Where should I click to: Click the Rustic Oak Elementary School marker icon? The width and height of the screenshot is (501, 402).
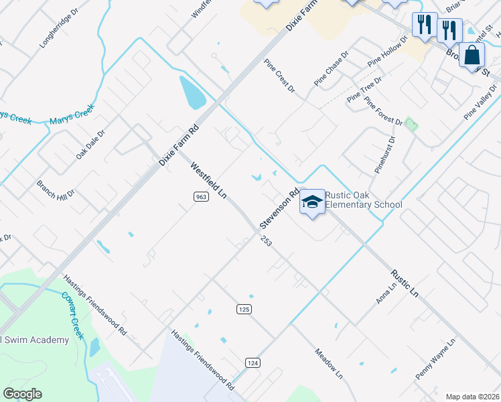tap(312, 201)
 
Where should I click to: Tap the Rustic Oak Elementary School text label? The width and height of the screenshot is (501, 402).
tap(364, 200)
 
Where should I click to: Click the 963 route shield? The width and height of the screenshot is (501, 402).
tap(200, 196)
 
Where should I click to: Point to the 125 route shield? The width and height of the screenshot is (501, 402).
tap(243, 308)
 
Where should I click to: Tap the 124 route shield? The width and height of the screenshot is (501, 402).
tap(253, 362)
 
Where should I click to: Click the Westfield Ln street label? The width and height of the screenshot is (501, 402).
tap(208, 180)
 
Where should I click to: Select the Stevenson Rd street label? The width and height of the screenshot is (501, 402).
tap(279, 208)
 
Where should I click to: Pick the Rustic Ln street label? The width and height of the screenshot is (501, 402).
tap(405, 283)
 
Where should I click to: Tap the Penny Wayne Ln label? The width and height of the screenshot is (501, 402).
tap(435, 359)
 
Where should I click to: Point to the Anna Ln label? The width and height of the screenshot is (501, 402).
tap(386, 292)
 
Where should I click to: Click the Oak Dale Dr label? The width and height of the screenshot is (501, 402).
tap(90, 144)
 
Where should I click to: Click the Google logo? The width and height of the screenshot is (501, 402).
tap(22, 394)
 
